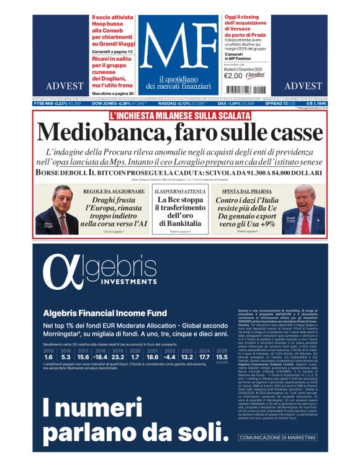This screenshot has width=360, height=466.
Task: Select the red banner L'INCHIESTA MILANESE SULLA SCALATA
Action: pos(179,115)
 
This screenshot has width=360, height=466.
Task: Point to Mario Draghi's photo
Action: pos(58,210)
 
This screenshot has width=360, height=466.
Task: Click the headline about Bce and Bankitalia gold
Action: pos(179,212)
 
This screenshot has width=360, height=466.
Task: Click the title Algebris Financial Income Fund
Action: pos(104,313)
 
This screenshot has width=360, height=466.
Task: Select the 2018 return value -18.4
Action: pos(101,357)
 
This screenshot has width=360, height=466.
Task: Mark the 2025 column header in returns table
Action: pos(221,351)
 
